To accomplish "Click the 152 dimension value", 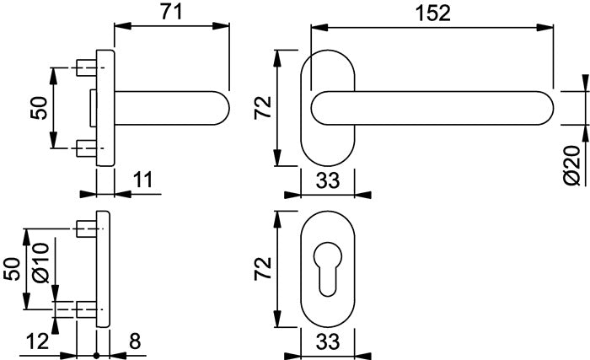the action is [x=432, y=13].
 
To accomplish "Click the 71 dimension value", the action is [x=171, y=12].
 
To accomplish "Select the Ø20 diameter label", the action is [x=573, y=165].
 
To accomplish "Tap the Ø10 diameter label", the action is [x=41, y=263].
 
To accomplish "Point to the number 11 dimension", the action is [x=143, y=180].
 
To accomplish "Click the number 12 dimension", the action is [x=37, y=341].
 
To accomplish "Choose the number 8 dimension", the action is [x=135, y=341].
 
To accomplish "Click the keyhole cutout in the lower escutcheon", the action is [x=328, y=267].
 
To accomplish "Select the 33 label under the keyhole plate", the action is [x=327, y=342].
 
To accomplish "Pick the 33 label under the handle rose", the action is [x=327, y=180].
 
